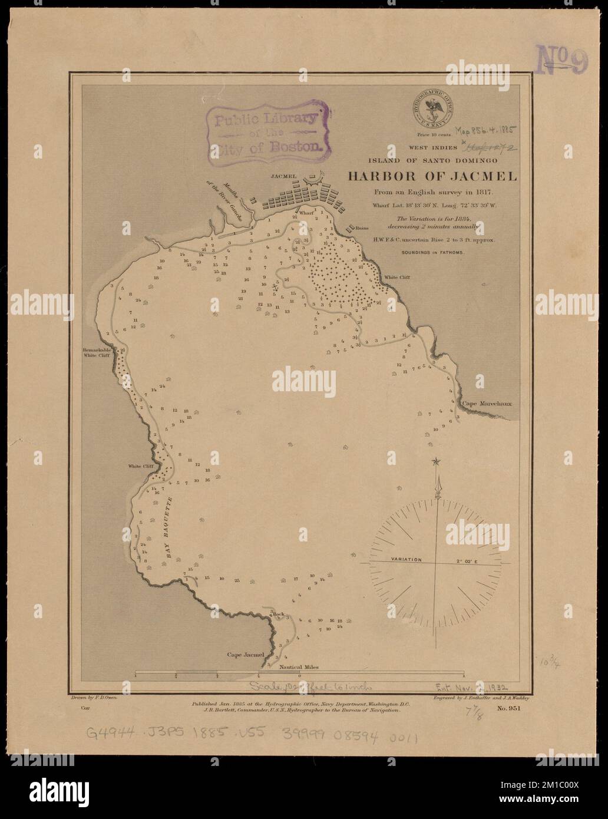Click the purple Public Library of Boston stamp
tap(265, 130)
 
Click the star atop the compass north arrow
tap(435, 461)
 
